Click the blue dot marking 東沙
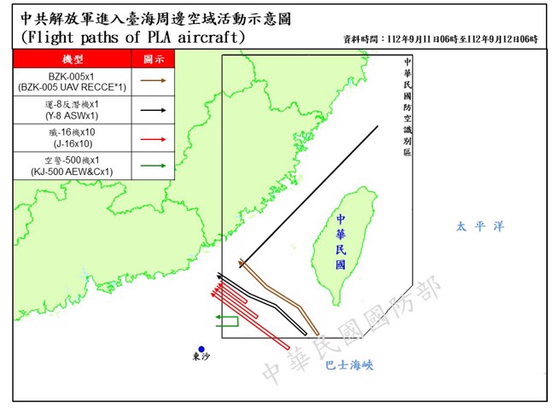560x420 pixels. (x=201, y=348)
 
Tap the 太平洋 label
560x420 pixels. (x=480, y=226)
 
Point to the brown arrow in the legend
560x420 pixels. (x=154, y=82)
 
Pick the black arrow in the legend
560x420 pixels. (x=154, y=110)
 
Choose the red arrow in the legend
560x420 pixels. (x=154, y=138)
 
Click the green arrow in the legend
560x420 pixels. (x=154, y=166)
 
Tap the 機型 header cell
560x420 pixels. (x=73, y=58)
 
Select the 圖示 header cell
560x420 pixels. (x=154, y=58)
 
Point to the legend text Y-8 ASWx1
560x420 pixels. (x=73, y=116)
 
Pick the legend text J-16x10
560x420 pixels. (x=73, y=144)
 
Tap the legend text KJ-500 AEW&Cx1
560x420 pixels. (x=73, y=172)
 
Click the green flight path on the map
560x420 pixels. (x=226, y=320)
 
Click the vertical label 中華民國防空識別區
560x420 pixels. (x=406, y=107)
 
